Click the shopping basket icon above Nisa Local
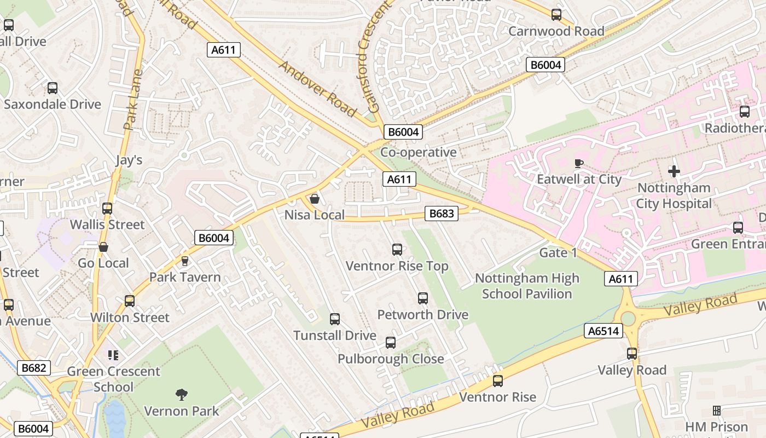(315, 199)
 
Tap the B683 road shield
(442, 214)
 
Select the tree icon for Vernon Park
(182, 394)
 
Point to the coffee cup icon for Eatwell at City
(579, 163)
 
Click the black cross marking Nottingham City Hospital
(674, 171)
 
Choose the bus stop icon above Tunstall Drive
(335, 319)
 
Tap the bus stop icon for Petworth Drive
(423, 298)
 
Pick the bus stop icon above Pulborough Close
(390, 343)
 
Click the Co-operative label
(418, 152)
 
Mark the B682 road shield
(33, 368)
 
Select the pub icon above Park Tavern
(185, 261)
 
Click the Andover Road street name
(317, 88)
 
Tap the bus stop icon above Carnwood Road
(556, 15)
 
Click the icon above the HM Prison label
(716, 411)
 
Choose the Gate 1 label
(558, 252)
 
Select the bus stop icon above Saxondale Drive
(53, 88)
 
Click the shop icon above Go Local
(103, 247)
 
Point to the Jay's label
(129, 160)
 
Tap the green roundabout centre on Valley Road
(628, 318)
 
